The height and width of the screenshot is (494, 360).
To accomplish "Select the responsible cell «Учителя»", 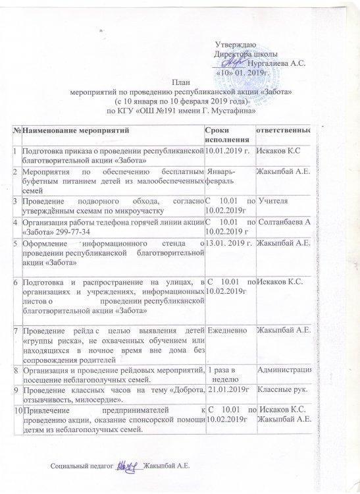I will point(274,199).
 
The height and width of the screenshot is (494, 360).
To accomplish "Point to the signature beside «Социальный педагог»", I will point(127,467).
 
